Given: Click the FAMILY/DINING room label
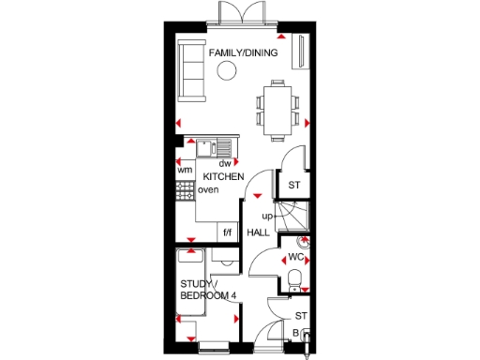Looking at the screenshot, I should coord(243,53).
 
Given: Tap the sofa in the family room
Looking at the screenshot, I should coord(194,71).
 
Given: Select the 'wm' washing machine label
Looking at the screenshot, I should coord(185,170).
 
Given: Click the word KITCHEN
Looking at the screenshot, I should coord(224,176).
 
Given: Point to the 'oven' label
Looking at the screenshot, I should coord(208,190).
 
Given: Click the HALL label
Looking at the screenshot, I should coord(258,232).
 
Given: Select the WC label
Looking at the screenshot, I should coord(295,256).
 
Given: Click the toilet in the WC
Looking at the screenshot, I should coord(295,278).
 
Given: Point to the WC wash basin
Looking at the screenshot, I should coord(303,242).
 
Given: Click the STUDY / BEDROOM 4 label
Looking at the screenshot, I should coord(208,291).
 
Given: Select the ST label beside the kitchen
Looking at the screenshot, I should coord(293,185).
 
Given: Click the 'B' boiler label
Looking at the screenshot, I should coord(296,333).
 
